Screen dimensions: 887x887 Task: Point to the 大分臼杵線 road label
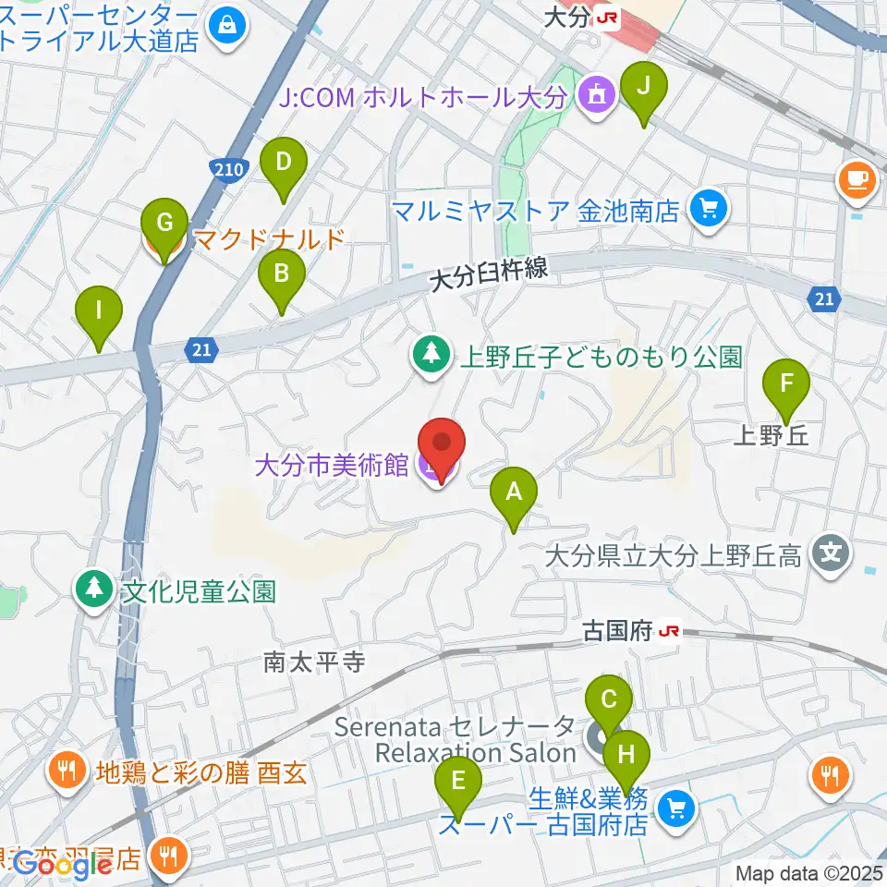[x=490, y=273]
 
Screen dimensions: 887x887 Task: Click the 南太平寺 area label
[x=315, y=662]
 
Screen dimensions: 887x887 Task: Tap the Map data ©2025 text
[x=808, y=872]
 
